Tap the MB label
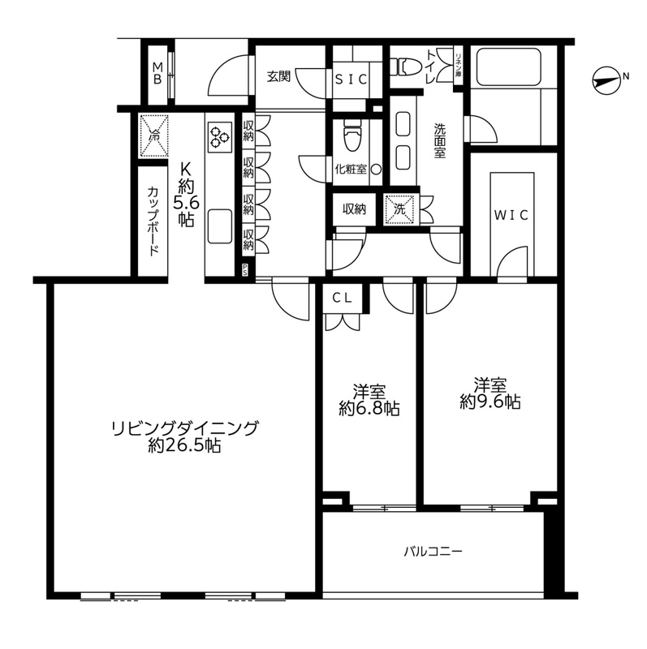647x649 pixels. click(157, 71)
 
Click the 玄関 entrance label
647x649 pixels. click(278, 78)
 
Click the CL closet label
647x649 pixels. click(342, 298)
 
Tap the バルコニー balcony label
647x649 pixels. click(434, 552)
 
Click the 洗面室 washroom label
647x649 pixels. click(439, 140)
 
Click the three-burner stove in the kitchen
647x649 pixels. click(219, 137)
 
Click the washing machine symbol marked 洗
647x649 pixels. click(399, 208)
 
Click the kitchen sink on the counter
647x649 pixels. click(219, 227)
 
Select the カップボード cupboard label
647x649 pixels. click(153, 221)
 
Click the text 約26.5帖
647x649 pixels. click(185, 445)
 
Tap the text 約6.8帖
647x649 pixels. click(369, 408)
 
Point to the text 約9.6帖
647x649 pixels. click(490, 401)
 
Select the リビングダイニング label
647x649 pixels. click(185, 428)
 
